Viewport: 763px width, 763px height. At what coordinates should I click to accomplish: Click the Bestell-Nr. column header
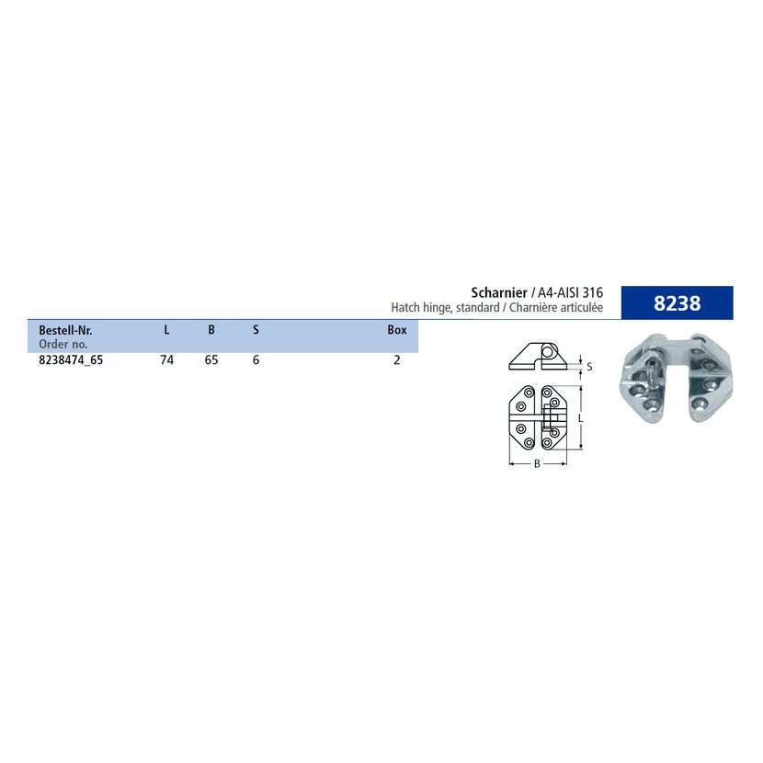tap(65, 330)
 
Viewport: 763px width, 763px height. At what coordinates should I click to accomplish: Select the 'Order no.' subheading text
tap(63, 344)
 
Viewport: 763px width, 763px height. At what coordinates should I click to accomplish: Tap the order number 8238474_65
tap(71, 360)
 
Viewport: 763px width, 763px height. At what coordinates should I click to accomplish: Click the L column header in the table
tap(166, 330)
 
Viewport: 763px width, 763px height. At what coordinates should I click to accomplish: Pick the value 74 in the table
tap(167, 360)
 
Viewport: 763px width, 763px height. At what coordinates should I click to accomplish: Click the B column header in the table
tap(211, 330)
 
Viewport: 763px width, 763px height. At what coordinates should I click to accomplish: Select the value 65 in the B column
tap(211, 360)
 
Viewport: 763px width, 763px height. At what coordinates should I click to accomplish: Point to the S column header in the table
tap(256, 330)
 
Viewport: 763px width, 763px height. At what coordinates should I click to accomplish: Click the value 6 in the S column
tap(256, 360)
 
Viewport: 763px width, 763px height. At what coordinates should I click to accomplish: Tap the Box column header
tap(397, 330)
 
